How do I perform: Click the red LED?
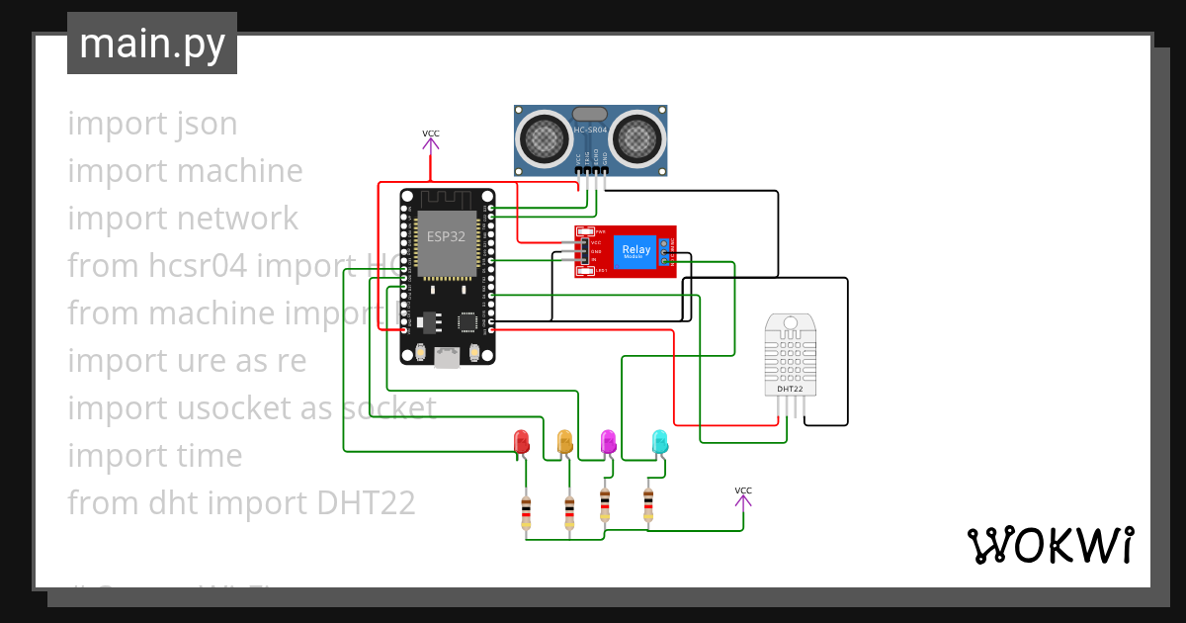[522, 441]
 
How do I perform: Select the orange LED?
[565, 441]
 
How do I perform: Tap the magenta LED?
[609, 441]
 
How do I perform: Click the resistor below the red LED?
[526, 511]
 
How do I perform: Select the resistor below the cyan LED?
[648, 503]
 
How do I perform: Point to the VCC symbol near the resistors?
[743, 496]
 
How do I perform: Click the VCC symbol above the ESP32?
[431, 139]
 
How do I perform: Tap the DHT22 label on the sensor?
[790, 389]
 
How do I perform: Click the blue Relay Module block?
[635, 251]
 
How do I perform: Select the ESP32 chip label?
[446, 237]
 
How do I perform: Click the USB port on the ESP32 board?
[447, 358]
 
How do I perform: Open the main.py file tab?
[152, 44]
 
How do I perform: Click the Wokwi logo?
[1050, 546]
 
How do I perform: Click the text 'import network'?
[183, 219]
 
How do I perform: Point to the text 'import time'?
[155, 456]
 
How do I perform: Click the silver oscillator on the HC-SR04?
[590, 115]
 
